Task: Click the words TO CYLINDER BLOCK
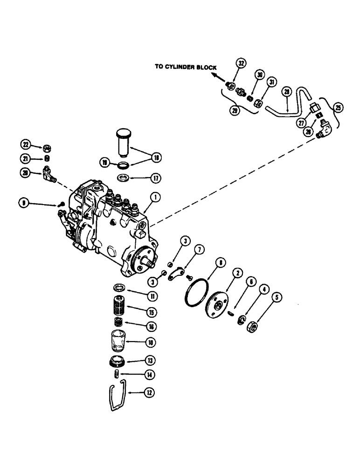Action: (x=186, y=67)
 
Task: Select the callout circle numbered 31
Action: (x=271, y=82)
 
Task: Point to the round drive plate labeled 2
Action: (x=219, y=307)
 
